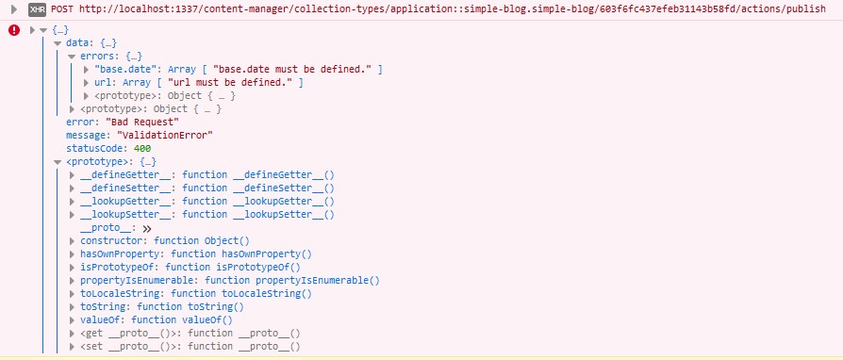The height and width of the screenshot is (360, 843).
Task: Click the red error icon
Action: coord(14,30)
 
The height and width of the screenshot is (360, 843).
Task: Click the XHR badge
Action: coord(38,8)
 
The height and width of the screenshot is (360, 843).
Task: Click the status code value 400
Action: coord(141,148)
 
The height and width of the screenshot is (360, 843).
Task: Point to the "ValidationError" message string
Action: coord(165,135)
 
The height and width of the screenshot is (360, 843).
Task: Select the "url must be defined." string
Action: coord(232,82)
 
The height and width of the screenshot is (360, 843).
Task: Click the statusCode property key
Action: coord(96,148)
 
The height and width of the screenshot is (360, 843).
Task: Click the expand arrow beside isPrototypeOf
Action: coord(74,267)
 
